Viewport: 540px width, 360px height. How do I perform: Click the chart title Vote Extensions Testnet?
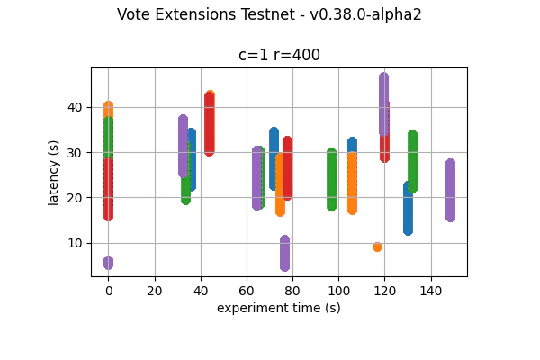(x=269, y=14)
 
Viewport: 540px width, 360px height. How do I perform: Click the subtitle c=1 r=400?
(x=279, y=55)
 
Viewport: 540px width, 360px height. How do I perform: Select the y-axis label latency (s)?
(x=54, y=172)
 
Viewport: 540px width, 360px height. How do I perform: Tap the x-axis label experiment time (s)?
(x=279, y=308)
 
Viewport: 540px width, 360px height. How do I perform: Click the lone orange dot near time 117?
(x=377, y=247)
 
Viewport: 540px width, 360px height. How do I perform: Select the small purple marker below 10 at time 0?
(x=108, y=263)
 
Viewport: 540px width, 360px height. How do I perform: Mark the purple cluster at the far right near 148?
(x=450, y=190)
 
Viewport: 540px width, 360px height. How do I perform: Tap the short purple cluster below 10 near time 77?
(x=284, y=253)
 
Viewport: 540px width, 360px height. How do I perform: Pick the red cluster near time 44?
(x=210, y=123)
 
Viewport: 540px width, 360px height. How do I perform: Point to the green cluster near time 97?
(x=331, y=179)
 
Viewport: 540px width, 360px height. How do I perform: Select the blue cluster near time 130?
(x=408, y=208)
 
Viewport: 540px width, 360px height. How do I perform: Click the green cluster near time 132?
(x=412, y=161)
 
